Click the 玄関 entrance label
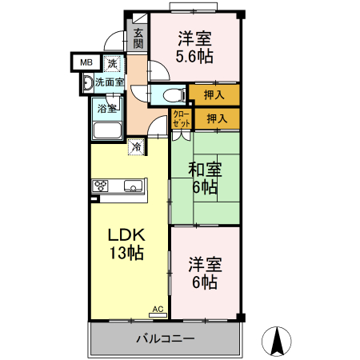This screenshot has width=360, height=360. coord(138,38)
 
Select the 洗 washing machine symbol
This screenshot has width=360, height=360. coord(113,62)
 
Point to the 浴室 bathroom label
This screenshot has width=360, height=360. coord(106,108)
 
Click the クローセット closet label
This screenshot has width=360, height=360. coord(182,120)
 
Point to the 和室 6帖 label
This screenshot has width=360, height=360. coord(204,178)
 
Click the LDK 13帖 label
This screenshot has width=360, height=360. coord(126,244)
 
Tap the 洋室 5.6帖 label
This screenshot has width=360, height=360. coord(195,47)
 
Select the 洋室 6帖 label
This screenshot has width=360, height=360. coord(204,272)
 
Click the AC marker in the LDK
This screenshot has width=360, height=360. coord(158,308)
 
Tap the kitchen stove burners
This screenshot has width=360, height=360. coord(102,186)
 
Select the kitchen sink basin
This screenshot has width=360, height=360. coord(133,186)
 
